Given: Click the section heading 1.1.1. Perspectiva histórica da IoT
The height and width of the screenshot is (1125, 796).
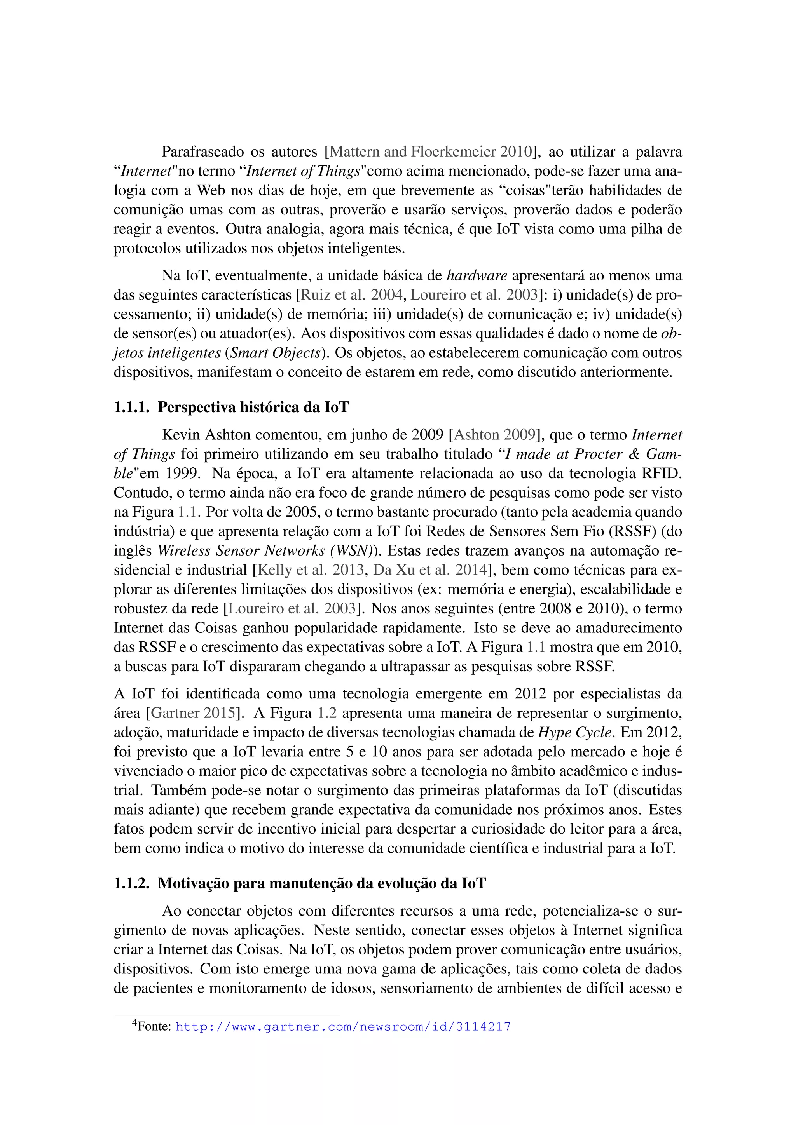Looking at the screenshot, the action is pos(231,407).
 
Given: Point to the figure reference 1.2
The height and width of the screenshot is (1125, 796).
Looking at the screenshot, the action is pos(326,713).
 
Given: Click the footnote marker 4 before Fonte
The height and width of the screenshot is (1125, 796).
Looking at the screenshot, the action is pos(135,1023).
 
